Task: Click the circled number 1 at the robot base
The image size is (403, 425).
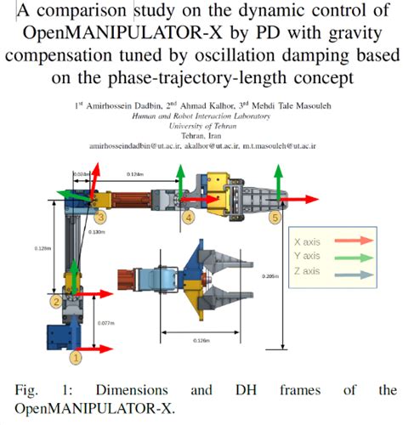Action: click(x=75, y=358)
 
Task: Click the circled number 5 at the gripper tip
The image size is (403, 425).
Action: click(x=275, y=218)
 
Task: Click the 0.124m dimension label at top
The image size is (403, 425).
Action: click(x=133, y=173)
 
